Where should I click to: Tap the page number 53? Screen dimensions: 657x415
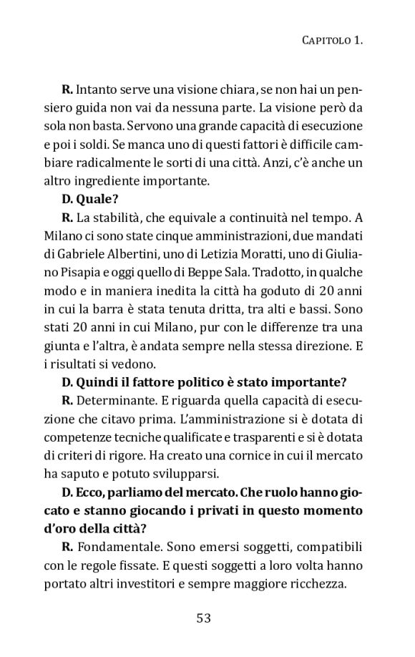(204, 618)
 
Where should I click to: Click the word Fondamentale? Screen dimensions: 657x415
(111, 547)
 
